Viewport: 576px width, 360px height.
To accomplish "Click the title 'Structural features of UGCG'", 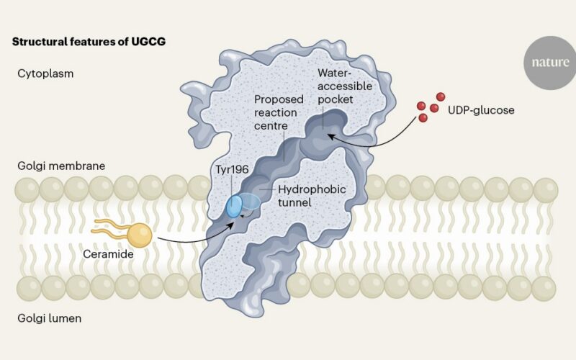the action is tap(89, 42).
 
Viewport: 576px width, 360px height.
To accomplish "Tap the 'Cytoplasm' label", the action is tap(45, 74).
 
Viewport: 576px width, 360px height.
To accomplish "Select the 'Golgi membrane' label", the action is tap(61, 166).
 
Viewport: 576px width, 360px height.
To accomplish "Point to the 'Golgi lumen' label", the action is tap(49, 318).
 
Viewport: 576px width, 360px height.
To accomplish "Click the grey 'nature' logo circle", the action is tap(550, 63).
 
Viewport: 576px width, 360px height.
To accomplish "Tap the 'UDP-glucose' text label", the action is tap(481, 110).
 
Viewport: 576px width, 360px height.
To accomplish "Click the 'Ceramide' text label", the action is tap(108, 254).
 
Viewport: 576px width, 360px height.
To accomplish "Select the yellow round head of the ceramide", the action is tap(140, 235).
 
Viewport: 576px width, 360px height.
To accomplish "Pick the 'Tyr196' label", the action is tap(232, 169).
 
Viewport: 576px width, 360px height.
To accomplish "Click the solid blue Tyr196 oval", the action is tap(234, 207).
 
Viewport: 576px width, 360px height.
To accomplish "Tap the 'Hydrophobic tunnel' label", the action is tap(312, 196).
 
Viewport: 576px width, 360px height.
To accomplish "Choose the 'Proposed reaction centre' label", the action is tap(279, 112).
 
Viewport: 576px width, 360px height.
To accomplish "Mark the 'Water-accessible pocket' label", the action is tap(345, 86).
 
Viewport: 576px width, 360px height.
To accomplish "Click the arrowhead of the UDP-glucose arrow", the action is tap(331, 136).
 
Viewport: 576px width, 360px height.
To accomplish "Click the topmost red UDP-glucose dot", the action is tap(441, 97).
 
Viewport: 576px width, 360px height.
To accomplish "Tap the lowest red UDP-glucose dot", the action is tap(423, 118).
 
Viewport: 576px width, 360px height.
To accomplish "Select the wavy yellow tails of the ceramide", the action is tap(112, 227).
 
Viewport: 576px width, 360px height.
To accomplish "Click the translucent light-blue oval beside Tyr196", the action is tap(251, 202).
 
